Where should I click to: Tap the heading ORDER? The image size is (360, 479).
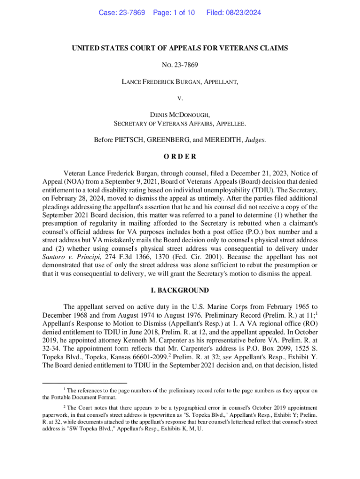[x=180, y=157]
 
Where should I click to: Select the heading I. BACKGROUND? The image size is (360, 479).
[x=180, y=290]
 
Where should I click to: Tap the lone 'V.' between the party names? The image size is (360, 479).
[x=180, y=99]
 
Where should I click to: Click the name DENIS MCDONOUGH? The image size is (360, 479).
[x=180, y=115]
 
